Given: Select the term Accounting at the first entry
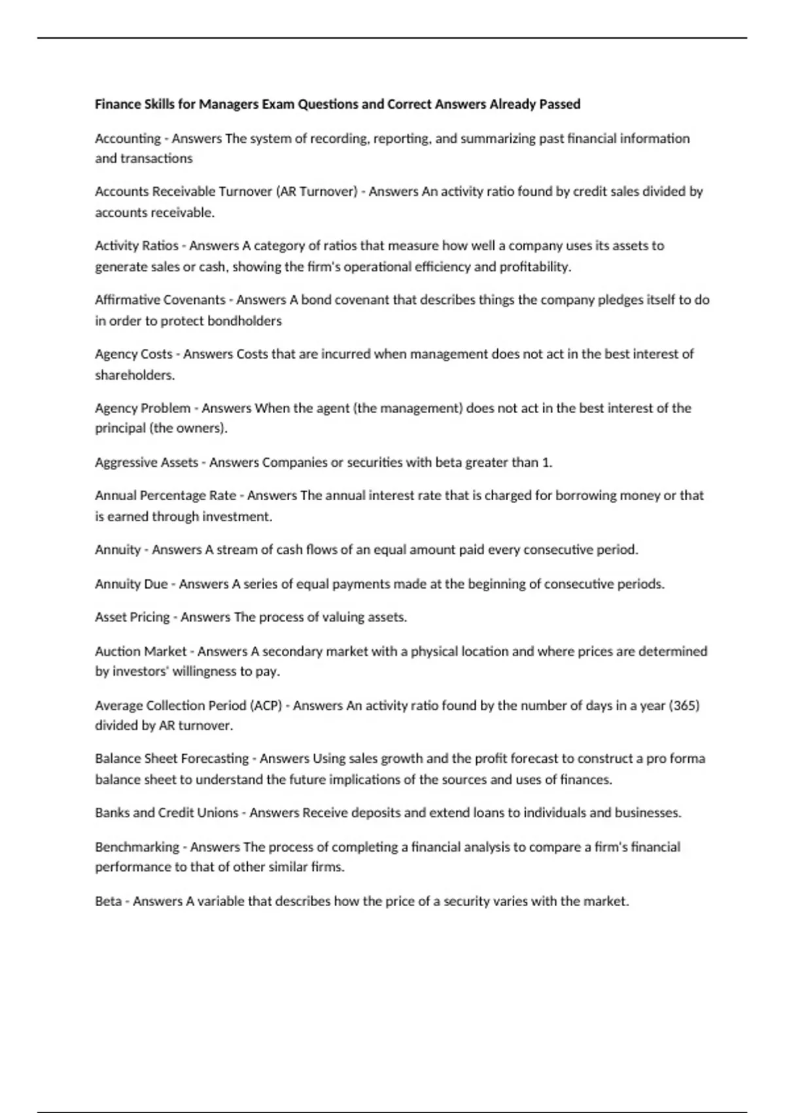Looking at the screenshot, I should pos(128,139).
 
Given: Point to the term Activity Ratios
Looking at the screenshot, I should pos(136,246).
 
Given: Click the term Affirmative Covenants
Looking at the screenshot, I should pos(160,301).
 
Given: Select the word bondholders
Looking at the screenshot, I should pos(245,321).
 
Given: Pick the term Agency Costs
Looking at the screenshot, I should pos(133,354).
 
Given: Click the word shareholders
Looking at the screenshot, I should pos(134,375).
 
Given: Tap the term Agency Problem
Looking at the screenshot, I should pos(143,409).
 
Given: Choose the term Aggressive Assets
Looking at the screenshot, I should pos(147,463).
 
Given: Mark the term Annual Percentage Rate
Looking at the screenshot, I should pos(166,496).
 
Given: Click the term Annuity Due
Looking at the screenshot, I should pos(131,584).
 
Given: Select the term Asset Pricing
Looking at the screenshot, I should pos(132,617).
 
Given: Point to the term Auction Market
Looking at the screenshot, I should pos(141,651).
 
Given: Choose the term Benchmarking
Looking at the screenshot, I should pos(137,847).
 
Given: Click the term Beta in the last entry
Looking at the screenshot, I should pos(108,902).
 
